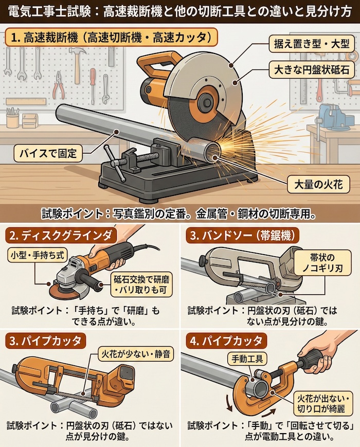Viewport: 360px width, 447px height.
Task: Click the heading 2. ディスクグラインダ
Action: pos(60,236)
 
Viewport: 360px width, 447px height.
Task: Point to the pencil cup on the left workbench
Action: pos(13,119)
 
